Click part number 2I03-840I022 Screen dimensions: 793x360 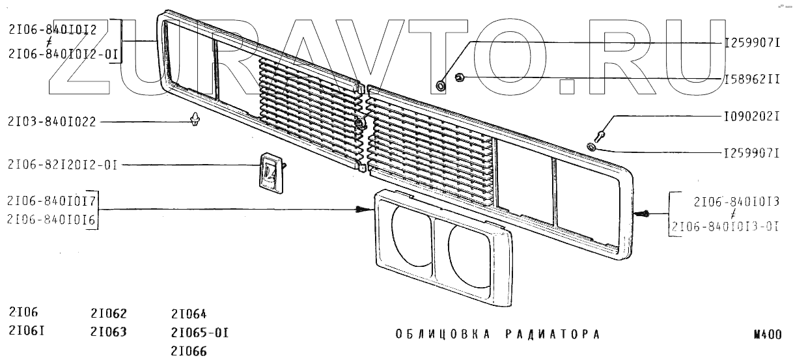coord(53,121)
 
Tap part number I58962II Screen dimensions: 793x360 coord(751,79)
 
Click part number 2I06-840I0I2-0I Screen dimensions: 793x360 coord(63,55)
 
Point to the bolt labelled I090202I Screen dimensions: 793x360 coord(601,133)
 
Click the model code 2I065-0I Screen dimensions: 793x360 coord(200,333)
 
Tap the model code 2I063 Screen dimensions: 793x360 coord(109,332)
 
